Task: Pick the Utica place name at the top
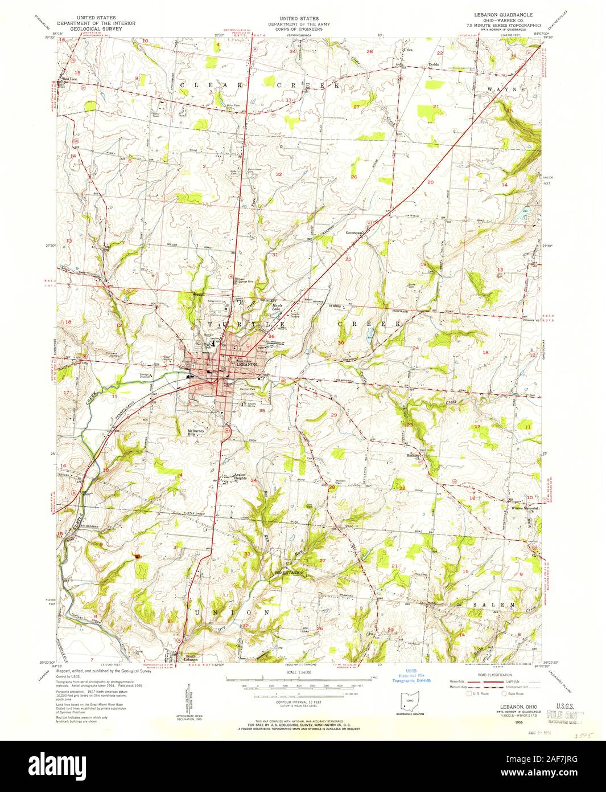(407, 50)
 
